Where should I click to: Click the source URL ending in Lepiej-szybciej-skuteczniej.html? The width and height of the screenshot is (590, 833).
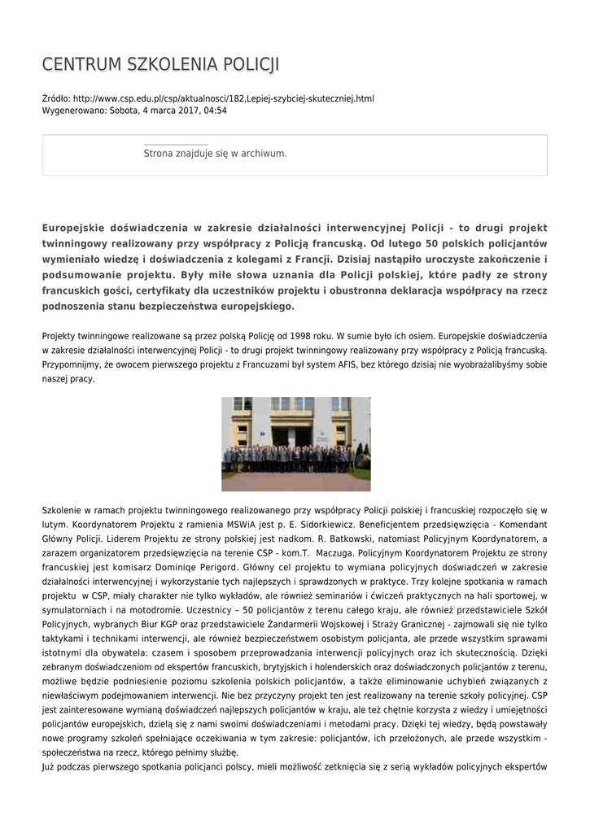tap(224, 98)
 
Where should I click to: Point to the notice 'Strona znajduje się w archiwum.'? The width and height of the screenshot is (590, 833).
tap(215, 153)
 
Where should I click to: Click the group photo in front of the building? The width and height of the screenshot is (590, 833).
tap(295, 443)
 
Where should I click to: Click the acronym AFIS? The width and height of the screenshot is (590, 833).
tap(352, 364)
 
